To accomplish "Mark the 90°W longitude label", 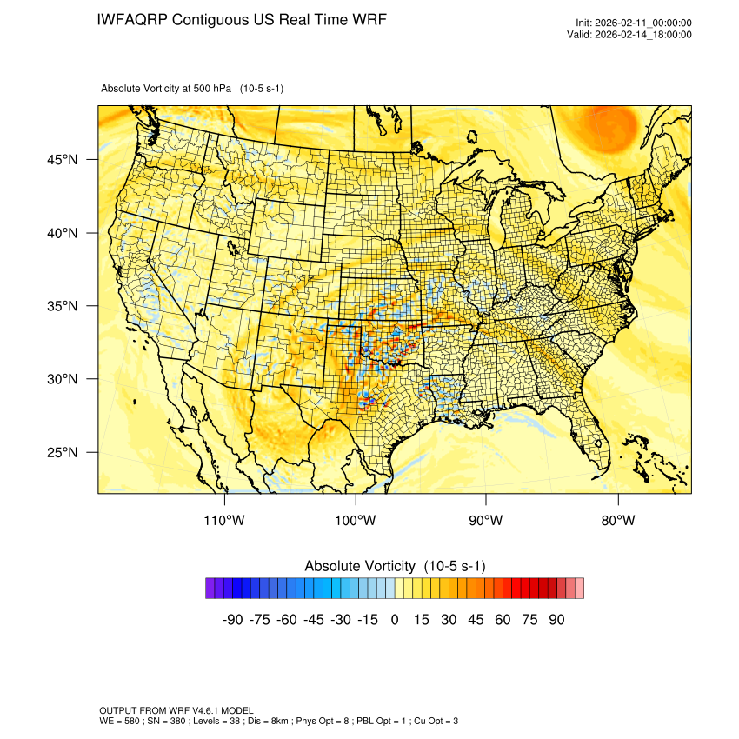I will [486, 521].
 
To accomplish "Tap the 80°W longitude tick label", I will [617, 521].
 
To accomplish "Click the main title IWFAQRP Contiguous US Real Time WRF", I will [243, 19].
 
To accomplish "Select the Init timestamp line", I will [634, 23].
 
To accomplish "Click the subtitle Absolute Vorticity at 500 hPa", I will [192, 89].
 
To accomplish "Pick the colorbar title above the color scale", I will [395, 566].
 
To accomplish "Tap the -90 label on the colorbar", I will [232, 620].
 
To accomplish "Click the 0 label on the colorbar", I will [395, 620].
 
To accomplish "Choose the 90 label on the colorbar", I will [556, 620].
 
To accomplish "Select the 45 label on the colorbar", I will [476, 620].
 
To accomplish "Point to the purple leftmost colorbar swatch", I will [210, 589].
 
